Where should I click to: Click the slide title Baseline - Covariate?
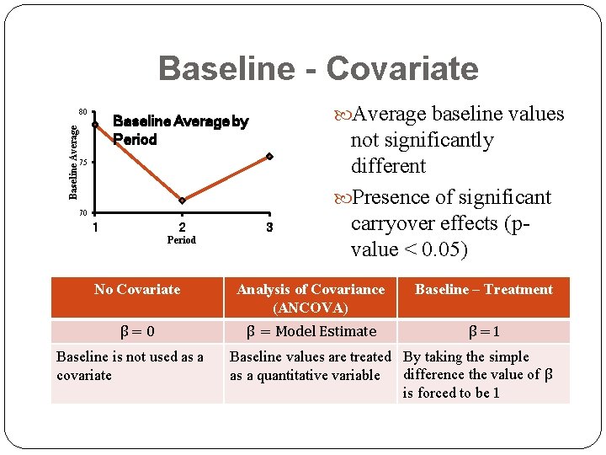click(x=317, y=68)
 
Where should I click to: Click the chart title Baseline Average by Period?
click(x=180, y=131)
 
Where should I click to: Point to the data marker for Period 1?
click(x=96, y=124)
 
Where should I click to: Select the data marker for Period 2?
click(x=182, y=201)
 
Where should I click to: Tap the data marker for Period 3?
click(x=269, y=156)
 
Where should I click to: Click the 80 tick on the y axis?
click(x=82, y=112)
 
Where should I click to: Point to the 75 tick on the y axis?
click(x=82, y=162)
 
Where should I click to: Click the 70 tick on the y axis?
click(x=82, y=211)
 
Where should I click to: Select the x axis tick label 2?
click(x=182, y=227)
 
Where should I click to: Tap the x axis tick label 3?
click(x=269, y=227)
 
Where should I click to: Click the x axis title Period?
click(x=182, y=240)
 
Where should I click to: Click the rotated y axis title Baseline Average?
click(x=73, y=162)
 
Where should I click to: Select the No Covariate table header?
click(x=137, y=290)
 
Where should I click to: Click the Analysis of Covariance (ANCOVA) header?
click(x=311, y=298)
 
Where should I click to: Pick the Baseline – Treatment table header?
click(x=484, y=290)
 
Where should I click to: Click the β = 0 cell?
click(x=137, y=331)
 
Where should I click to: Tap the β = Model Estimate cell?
click(x=311, y=331)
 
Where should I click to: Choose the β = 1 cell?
click(x=484, y=331)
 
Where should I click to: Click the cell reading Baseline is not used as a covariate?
click(x=130, y=366)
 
